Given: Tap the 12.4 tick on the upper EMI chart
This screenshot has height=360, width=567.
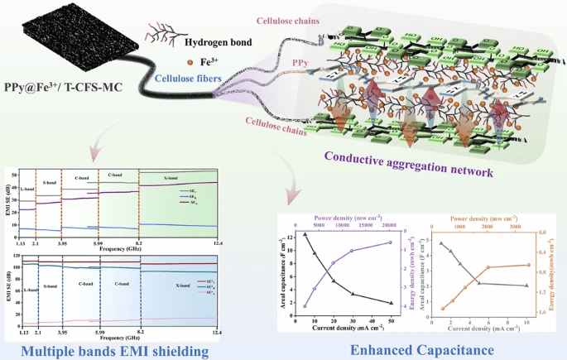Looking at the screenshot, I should pos(218,242).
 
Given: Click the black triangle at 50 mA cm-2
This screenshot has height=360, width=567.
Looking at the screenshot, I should pos(390,303).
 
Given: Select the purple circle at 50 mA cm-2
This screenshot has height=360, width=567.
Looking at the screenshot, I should pos(390,242).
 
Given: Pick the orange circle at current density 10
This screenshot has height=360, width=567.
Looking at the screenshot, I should pos(527,265).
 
